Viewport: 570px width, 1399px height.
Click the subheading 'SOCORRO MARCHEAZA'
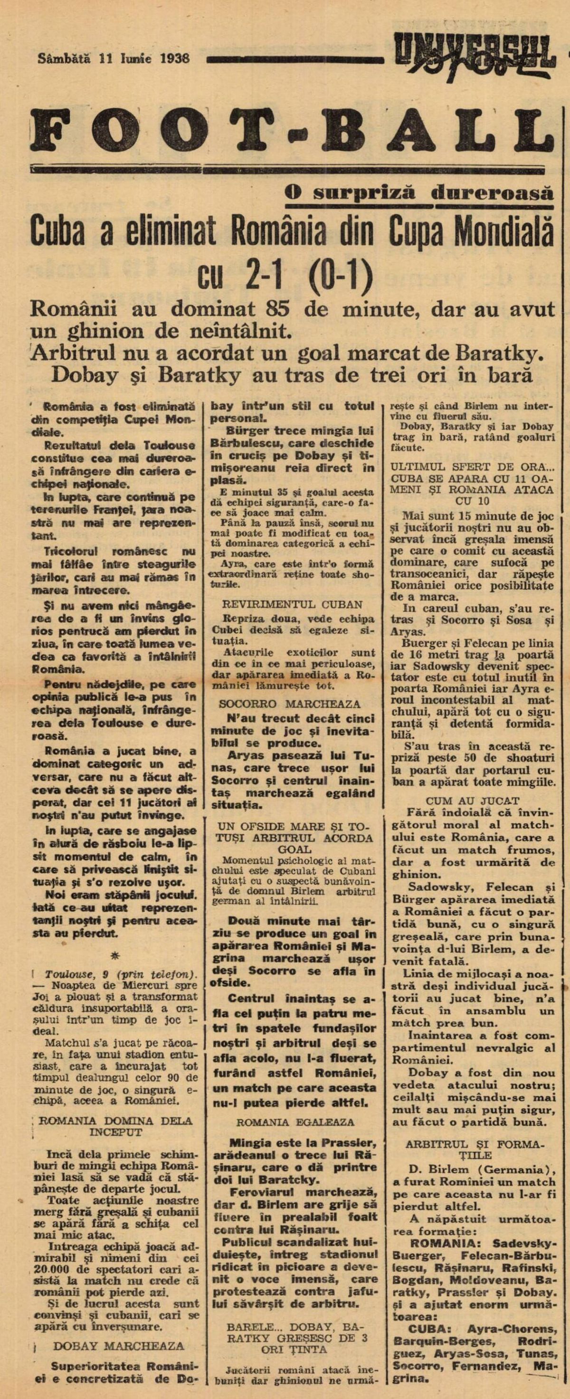289,704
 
